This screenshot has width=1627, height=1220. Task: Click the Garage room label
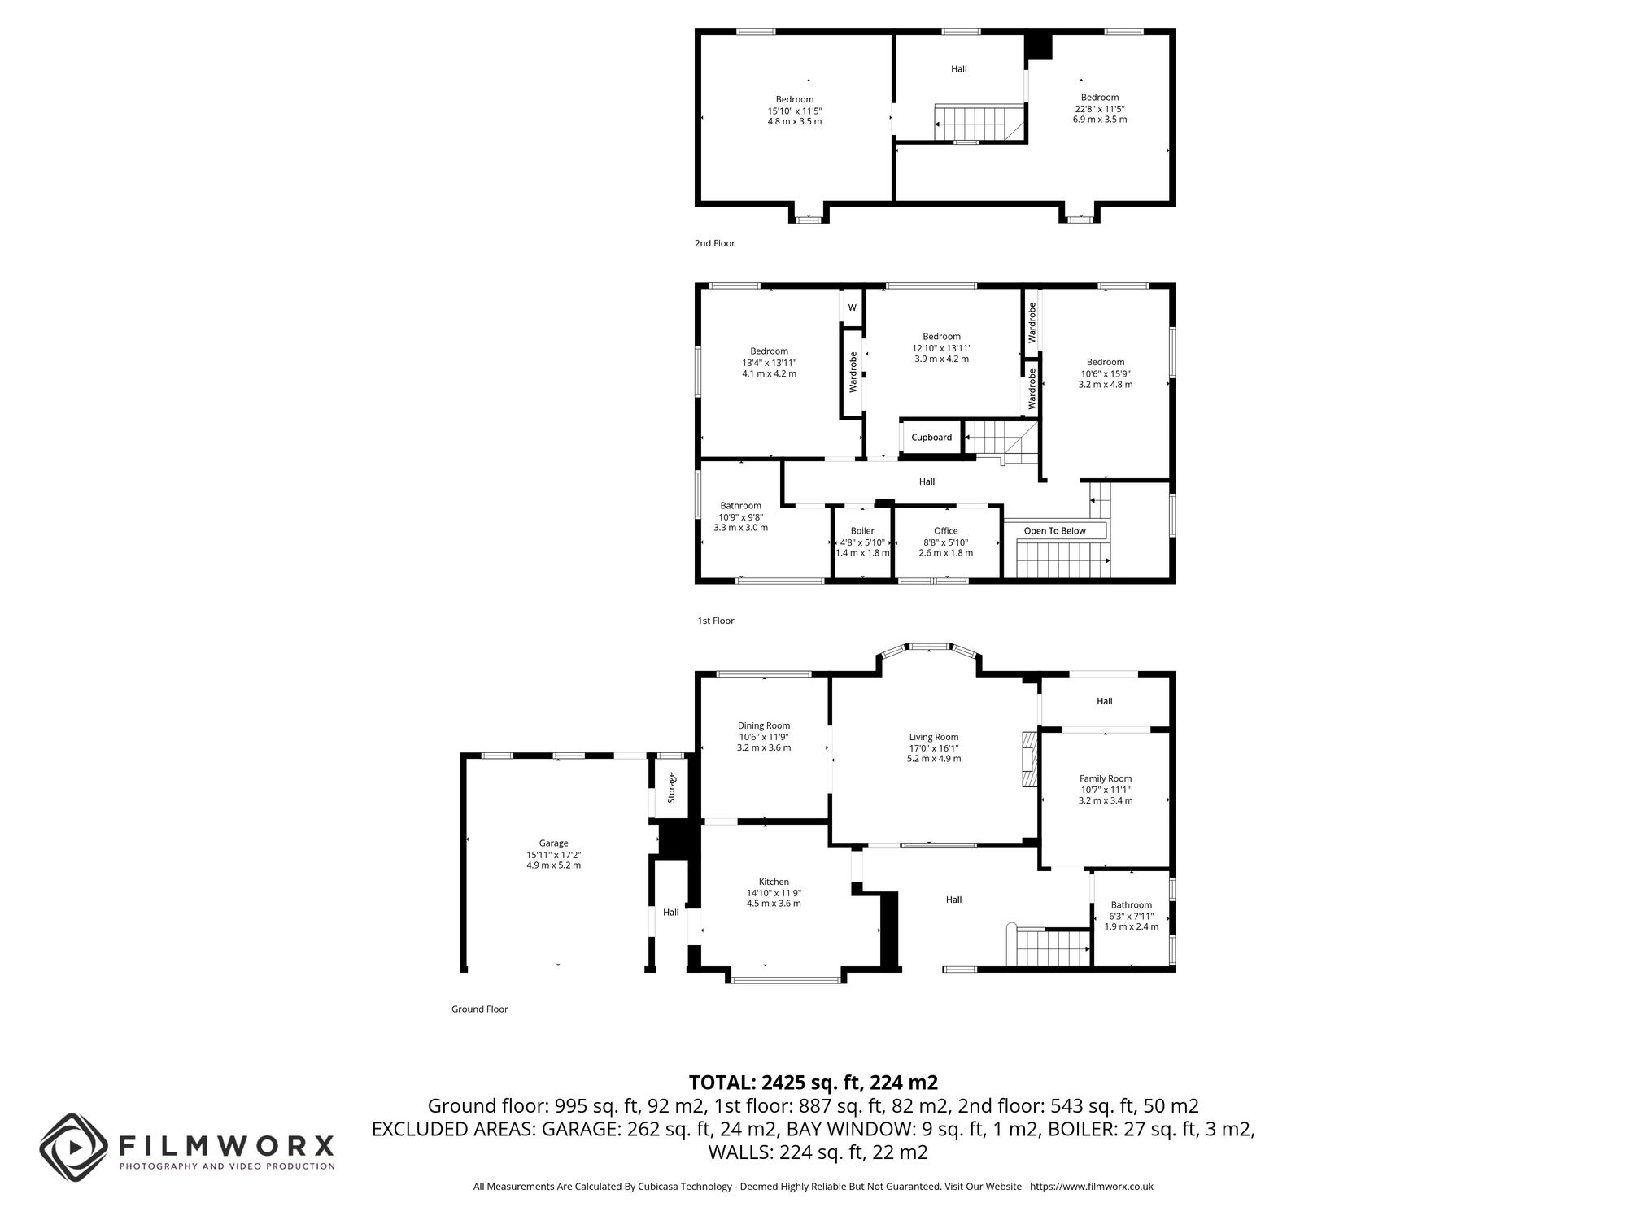pyautogui.click(x=553, y=843)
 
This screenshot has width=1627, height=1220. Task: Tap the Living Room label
pyautogui.click(x=934, y=737)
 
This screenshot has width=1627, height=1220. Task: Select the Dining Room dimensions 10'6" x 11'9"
pyautogui.click(x=763, y=737)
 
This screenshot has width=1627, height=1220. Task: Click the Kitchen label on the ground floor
pyautogui.click(x=774, y=882)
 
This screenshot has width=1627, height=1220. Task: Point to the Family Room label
pyautogui.click(x=1105, y=778)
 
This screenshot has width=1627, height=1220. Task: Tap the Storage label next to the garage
pyautogui.click(x=671, y=787)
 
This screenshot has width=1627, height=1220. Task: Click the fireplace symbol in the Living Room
pyautogui.click(x=1030, y=759)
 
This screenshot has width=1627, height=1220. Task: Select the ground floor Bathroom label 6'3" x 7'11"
pyautogui.click(x=1131, y=916)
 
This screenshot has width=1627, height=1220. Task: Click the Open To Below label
pyautogui.click(x=1054, y=531)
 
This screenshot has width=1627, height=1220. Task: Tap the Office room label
pyautogui.click(x=945, y=531)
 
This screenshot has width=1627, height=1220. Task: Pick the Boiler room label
pyautogui.click(x=862, y=531)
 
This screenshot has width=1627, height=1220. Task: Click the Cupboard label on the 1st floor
pyautogui.click(x=931, y=438)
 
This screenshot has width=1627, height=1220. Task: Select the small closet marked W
pyautogui.click(x=852, y=307)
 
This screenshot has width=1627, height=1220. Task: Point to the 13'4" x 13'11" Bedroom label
pyautogui.click(x=769, y=351)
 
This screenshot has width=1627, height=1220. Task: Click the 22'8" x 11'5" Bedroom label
pyautogui.click(x=1099, y=98)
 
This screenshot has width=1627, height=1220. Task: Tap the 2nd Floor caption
pyautogui.click(x=714, y=243)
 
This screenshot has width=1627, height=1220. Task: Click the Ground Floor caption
pyautogui.click(x=479, y=1009)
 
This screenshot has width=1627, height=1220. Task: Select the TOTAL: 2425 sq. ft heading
pyautogui.click(x=813, y=1083)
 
